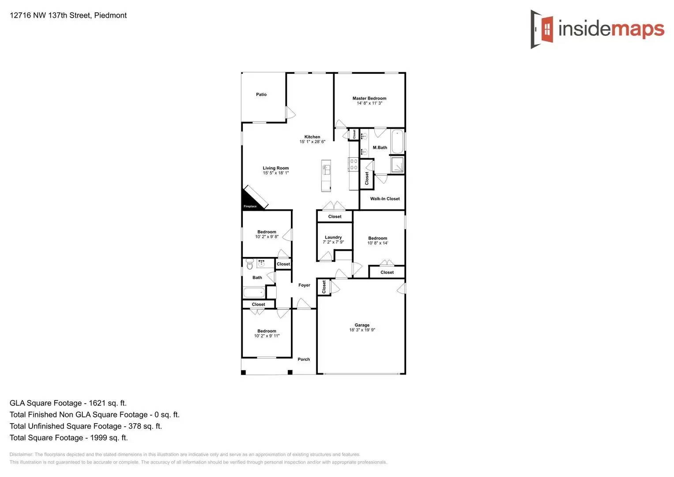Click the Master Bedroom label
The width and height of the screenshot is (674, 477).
(x=369, y=98)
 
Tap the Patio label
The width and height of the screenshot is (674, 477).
(x=261, y=95)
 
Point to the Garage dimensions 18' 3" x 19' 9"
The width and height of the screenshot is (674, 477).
(x=362, y=330)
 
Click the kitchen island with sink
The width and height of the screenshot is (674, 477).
(x=326, y=175)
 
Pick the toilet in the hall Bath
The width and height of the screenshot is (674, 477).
(x=250, y=265)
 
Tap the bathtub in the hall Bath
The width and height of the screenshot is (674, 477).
(x=254, y=292)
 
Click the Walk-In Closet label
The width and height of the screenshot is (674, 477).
(x=385, y=199)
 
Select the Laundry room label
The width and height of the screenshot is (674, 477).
(x=333, y=237)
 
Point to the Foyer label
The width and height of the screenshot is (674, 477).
(x=304, y=285)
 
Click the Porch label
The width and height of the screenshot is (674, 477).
(x=304, y=360)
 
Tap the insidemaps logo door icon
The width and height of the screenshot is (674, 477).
(x=542, y=29)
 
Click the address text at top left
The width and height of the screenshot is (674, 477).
(x=68, y=15)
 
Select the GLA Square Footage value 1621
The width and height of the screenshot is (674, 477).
(x=97, y=403)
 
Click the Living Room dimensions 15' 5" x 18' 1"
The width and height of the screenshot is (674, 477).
(x=276, y=173)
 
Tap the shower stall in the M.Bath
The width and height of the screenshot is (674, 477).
(x=397, y=165)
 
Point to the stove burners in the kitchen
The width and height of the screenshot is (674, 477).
(x=354, y=164)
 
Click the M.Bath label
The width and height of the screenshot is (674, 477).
(x=380, y=148)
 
